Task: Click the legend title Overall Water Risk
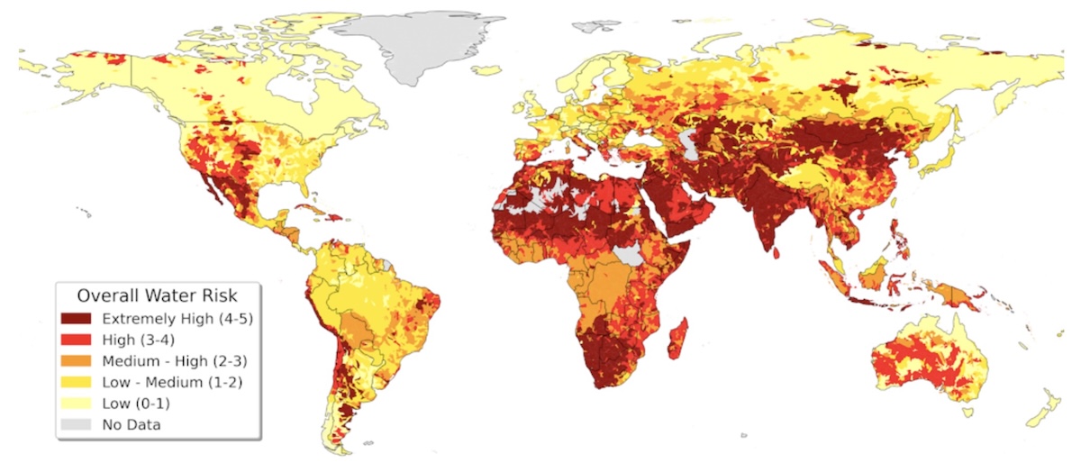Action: click(x=159, y=295)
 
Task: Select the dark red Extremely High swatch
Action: click(x=77, y=319)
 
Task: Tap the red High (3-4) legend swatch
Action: click(x=77, y=340)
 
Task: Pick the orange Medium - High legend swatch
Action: click(x=77, y=360)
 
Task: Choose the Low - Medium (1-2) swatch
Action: click(x=77, y=381)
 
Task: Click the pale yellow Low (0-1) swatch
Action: click(x=77, y=402)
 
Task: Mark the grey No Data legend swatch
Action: click(x=77, y=422)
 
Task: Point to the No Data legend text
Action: click(x=132, y=422)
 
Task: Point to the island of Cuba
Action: click(x=321, y=213)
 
